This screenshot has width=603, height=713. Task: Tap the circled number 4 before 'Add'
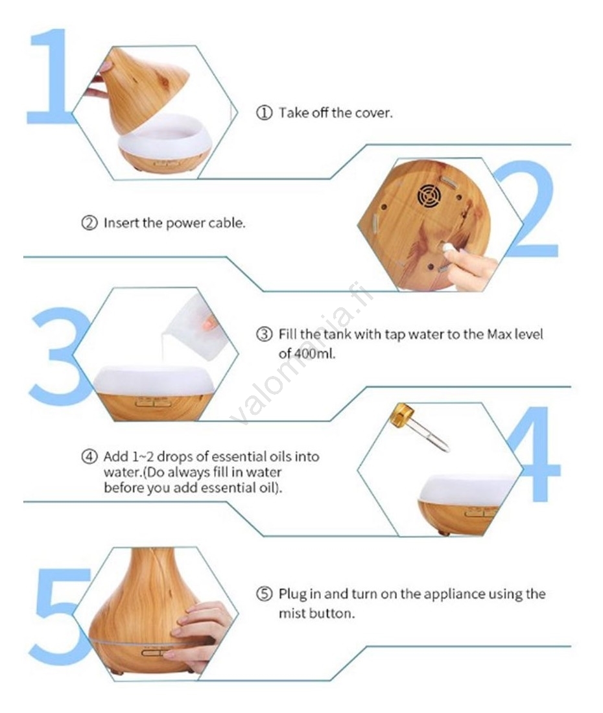pyautogui.click(x=89, y=456)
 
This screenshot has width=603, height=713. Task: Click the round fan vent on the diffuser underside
pyautogui.click(x=429, y=196)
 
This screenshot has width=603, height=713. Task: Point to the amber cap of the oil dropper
pyautogui.click(x=402, y=413)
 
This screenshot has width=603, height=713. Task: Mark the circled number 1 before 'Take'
pyautogui.click(x=264, y=113)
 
